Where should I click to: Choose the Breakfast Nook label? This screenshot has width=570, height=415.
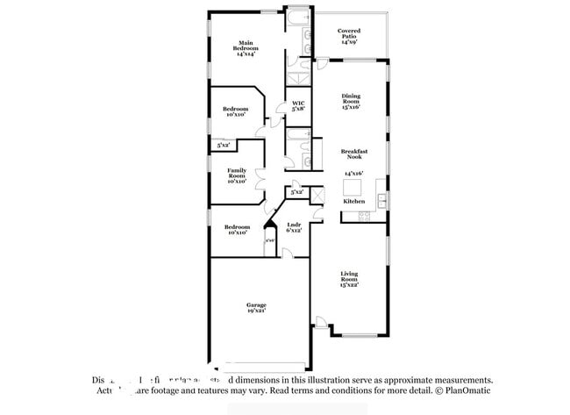[x=353, y=154]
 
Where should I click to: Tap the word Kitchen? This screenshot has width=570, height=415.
[x=353, y=201]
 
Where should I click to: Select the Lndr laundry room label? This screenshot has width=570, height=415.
[x=294, y=227]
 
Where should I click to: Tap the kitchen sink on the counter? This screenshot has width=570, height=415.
[x=382, y=203]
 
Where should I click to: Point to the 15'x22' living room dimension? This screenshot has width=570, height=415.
[x=349, y=285]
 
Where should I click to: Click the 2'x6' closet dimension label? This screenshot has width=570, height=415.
[x=271, y=240]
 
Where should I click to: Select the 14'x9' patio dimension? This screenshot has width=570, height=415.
[x=349, y=41]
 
